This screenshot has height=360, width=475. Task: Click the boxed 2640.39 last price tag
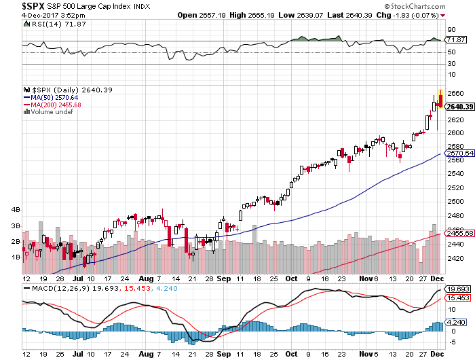click(x=459, y=107)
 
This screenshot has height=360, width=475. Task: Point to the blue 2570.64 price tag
click(x=459, y=154)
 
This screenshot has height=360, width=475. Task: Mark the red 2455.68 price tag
click(x=459, y=234)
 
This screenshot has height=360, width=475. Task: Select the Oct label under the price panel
click(x=292, y=278)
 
